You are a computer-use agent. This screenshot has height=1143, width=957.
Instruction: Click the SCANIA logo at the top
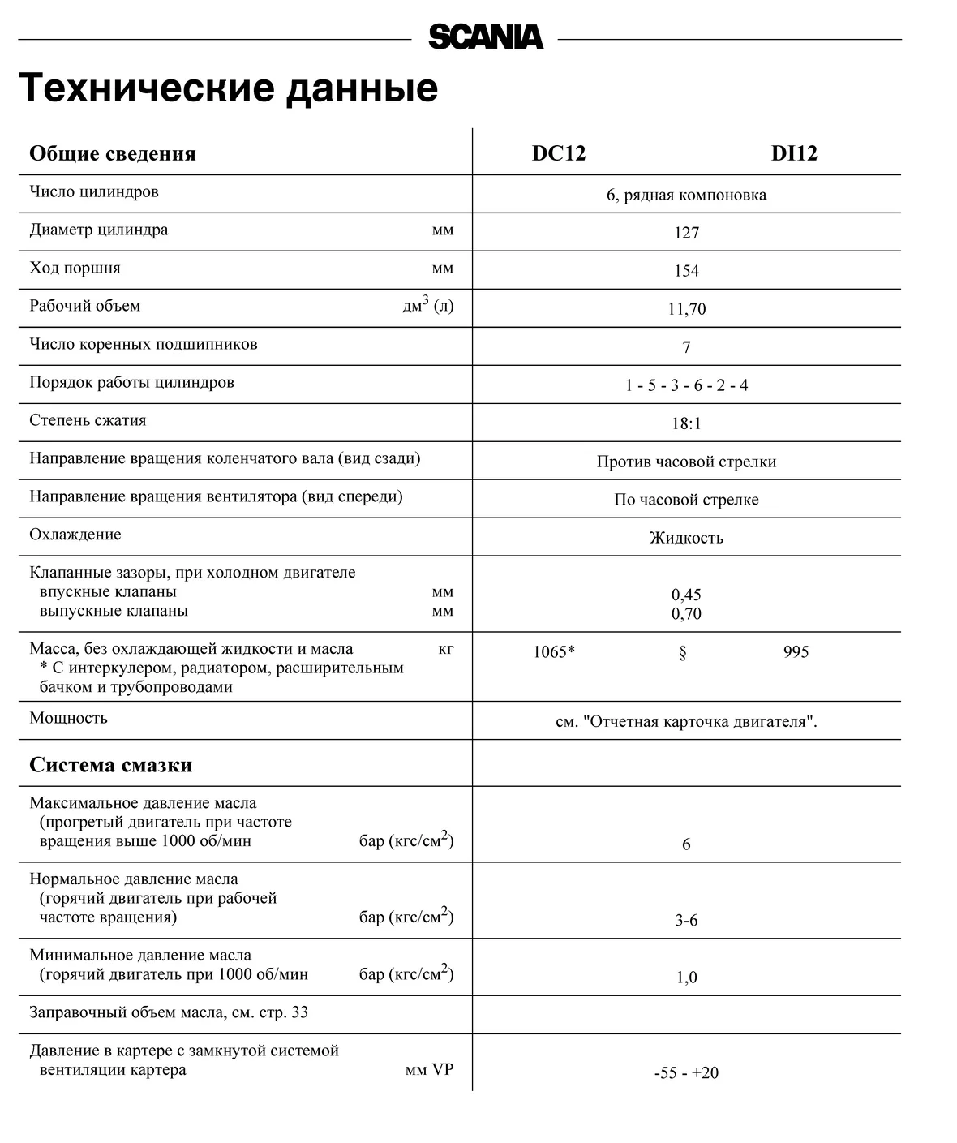[485, 37]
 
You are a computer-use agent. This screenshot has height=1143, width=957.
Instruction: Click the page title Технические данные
[228, 88]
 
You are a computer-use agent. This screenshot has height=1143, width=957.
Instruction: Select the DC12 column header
[558, 153]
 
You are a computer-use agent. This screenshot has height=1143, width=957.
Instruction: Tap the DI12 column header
[794, 153]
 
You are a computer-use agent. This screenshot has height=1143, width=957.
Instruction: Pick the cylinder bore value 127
[686, 233]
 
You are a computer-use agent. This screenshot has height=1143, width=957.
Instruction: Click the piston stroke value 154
[686, 271]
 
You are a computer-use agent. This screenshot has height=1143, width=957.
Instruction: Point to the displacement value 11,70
[686, 309]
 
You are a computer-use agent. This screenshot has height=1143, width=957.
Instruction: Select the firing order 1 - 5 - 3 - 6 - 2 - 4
[686, 385]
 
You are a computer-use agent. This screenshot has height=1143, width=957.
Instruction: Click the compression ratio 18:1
[686, 423]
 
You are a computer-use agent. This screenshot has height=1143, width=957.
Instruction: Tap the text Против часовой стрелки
[686, 462]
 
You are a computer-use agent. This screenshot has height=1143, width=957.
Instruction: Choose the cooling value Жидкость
[686, 538]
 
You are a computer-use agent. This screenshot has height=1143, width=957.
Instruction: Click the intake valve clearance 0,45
[686, 595]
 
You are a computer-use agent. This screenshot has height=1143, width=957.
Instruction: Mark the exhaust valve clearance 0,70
[686, 614]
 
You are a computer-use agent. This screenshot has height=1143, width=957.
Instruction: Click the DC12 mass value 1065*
[554, 652]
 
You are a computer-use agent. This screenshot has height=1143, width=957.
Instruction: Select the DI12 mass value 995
[796, 652]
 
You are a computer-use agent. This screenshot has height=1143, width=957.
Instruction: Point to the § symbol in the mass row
[682, 653]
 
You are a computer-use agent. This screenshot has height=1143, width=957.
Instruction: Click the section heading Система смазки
[110, 765]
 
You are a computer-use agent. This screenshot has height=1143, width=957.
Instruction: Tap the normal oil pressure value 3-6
[686, 921]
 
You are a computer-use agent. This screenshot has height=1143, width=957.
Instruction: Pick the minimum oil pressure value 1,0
[686, 978]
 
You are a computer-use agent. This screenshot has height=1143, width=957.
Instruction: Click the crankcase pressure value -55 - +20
[686, 1073]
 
